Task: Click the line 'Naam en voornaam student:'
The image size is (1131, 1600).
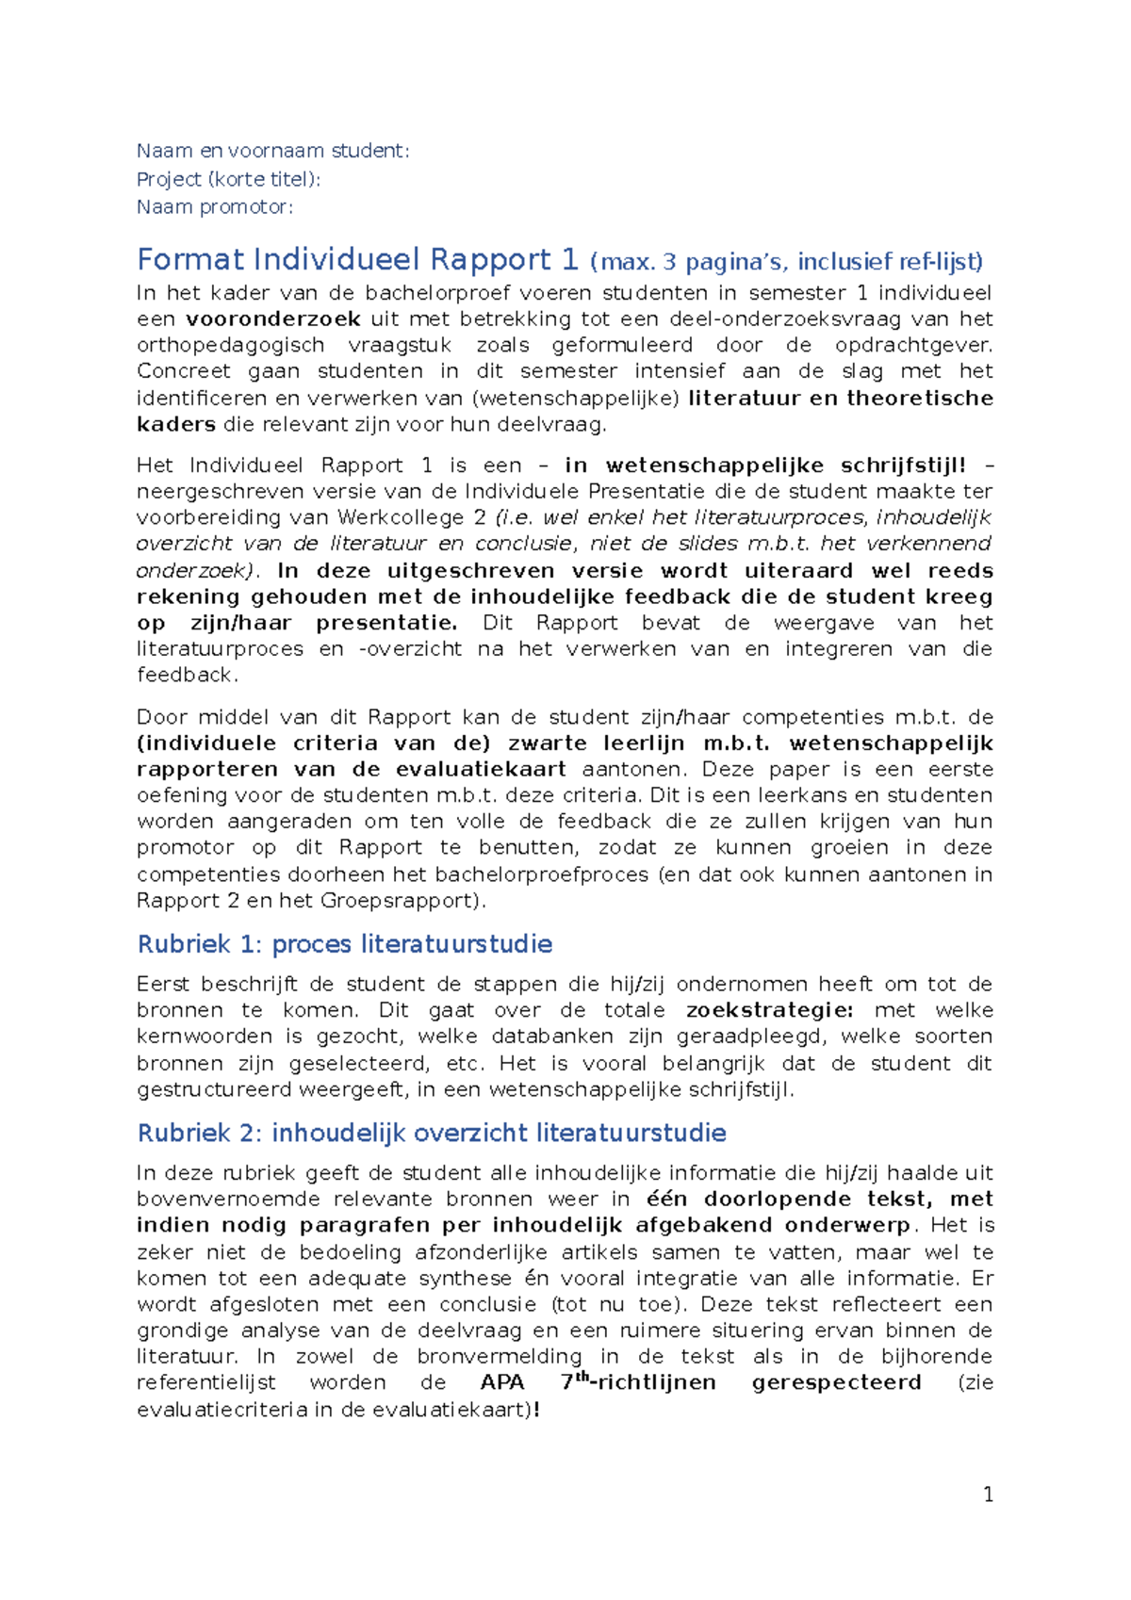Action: (x=272, y=151)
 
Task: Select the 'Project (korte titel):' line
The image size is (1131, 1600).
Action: (x=228, y=179)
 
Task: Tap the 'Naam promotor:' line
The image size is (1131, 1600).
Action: (x=215, y=207)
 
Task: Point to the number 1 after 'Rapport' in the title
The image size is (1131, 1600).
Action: (x=569, y=260)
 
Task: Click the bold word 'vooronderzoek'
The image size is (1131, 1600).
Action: (x=273, y=318)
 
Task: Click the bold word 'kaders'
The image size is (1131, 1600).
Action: (x=176, y=424)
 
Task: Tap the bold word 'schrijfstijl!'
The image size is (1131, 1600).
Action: (x=903, y=465)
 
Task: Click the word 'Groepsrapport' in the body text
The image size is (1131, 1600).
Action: (x=401, y=901)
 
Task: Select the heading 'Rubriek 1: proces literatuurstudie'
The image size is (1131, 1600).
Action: (x=345, y=944)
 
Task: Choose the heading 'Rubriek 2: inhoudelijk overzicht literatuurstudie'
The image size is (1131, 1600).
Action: (x=432, y=1133)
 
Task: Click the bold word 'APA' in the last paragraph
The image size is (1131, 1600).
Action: (x=502, y=1383)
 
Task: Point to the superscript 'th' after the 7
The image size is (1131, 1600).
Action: (x=582, y=1378)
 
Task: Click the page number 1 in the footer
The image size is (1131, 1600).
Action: (x=988, y=1494)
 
